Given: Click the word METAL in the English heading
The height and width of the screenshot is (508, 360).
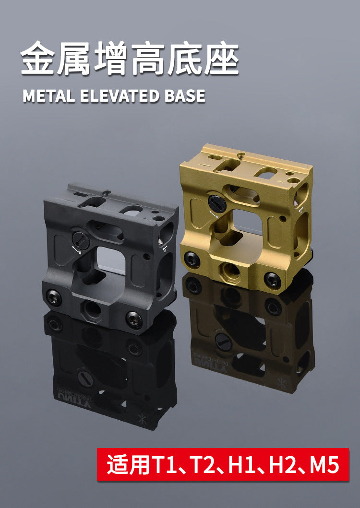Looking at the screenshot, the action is [x=48, y=96].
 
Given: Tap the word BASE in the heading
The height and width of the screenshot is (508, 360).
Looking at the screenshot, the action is [x=185, y=96].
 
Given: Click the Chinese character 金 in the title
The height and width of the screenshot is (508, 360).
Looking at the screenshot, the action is [x=38, y=59].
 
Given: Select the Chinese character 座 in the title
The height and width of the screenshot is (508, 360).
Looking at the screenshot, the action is [x=221, y=59].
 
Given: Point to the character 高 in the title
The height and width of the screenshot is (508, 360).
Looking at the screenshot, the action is [x=148, y=59].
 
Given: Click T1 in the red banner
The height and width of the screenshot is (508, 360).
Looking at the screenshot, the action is [x=163, y=464].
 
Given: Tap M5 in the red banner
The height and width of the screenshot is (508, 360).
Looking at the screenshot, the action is [x=324, y=464].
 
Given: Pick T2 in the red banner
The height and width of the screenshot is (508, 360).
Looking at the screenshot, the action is [x=204, y=464].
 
